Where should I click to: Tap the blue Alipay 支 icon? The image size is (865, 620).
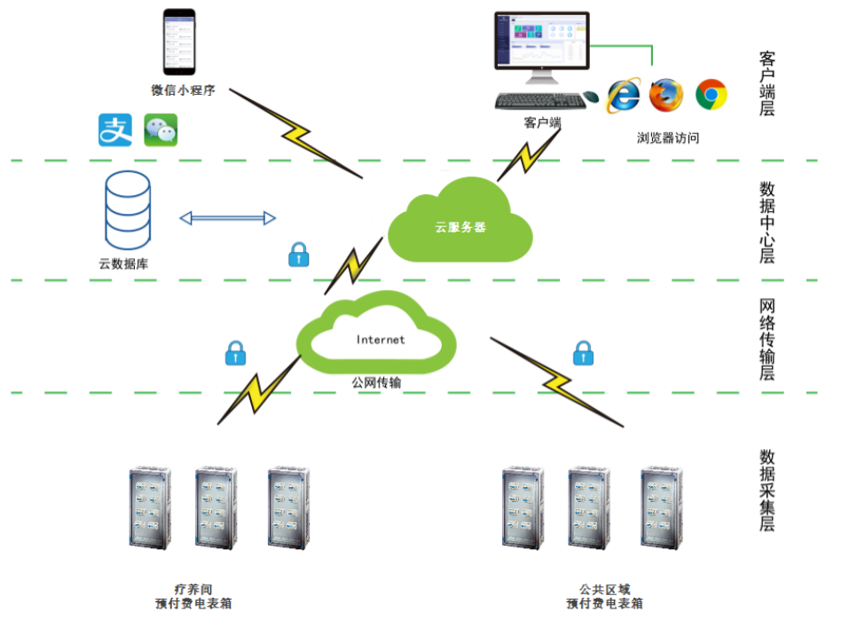[x=115, y=129]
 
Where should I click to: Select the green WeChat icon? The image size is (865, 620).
[x=161, y=129]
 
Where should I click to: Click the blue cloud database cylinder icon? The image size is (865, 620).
[x=128, y=211]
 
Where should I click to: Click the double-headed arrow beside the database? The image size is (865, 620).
[x=228, y=217]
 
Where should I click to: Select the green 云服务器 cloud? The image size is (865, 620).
[x=460, y=222]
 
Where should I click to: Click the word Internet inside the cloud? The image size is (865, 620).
[x=381, y=340]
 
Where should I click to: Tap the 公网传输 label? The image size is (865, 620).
[x=376, y=382]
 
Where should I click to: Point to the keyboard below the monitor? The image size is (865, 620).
[x=540, y=100]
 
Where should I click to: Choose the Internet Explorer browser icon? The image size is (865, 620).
[x=623, y=95]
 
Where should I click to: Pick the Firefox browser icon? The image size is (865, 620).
[x=666, y=94]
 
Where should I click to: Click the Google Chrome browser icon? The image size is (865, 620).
[x=711, y=94]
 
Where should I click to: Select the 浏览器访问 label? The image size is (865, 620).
[x=668, y=138]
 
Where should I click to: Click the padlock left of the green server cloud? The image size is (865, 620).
[x=298, y=255]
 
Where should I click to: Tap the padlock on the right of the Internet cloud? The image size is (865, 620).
[x=583, y=353]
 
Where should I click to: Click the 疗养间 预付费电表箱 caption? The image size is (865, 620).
[x=194, y=595]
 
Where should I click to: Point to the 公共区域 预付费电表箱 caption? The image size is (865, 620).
[x=605, y=595]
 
